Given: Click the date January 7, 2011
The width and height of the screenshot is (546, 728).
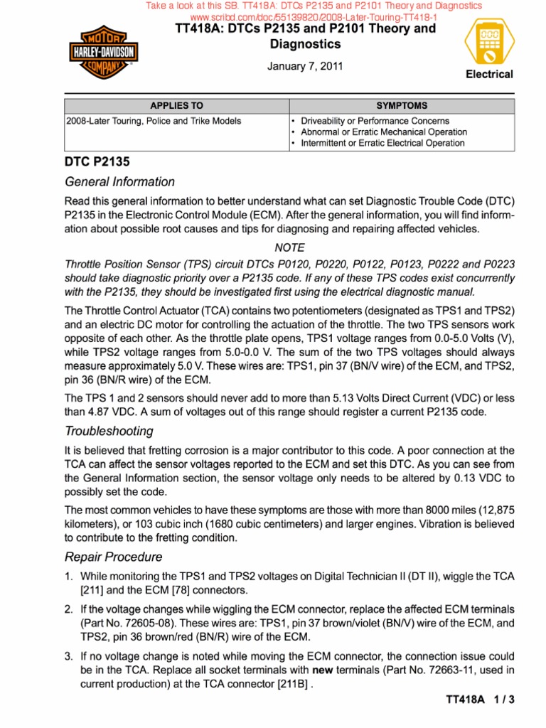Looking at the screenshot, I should click(305, 67).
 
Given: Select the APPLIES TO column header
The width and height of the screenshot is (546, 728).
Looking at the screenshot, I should click(176, 106).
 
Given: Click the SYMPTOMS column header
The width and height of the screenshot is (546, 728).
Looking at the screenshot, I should click(402, 106).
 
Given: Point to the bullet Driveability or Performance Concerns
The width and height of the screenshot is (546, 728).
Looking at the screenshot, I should click(375, 121).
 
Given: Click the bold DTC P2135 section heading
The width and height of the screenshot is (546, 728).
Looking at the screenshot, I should click(97, 162).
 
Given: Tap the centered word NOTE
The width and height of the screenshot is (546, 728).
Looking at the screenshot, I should click(289, 247).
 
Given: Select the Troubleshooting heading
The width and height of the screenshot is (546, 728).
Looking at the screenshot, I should click(109, 431).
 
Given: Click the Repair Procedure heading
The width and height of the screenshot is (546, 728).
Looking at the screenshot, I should click(114, 557).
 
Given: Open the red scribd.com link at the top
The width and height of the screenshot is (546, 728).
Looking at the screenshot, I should click(313, 16).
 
